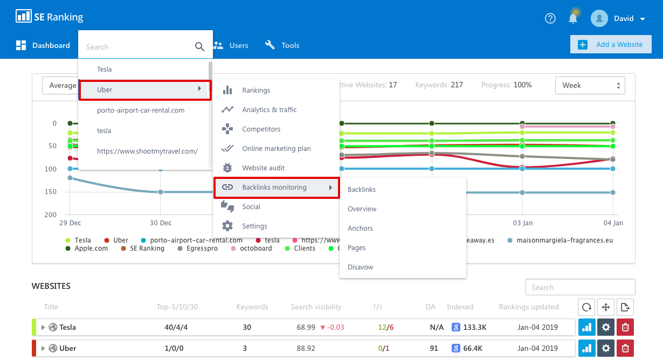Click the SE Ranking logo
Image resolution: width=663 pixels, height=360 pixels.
pos(50,17)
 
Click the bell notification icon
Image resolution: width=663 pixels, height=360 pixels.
pos(573,18)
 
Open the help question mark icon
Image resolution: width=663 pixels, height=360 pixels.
pos(550,18)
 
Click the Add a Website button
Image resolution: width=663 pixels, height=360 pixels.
pos(611,45)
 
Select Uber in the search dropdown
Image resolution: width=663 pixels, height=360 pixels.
pos(144,89)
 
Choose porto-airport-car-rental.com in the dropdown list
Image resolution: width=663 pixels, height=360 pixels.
pos(141,110)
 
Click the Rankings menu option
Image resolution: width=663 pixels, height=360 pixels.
pos(256,91)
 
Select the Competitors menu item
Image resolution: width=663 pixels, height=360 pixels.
pos(261,129)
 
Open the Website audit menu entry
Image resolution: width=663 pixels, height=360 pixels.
pos(263,168)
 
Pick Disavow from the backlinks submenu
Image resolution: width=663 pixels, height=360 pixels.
pos(360,267)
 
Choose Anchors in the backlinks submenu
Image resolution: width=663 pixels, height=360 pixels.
pos(360,229)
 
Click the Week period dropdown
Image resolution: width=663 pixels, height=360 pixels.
pos(590,85)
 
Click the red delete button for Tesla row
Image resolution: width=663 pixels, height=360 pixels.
pos(625,327)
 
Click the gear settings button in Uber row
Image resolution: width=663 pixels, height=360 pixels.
pos(605,348)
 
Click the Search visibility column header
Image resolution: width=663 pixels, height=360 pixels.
pos(316,307)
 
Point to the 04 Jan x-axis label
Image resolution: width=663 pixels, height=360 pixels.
pos(613,223)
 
